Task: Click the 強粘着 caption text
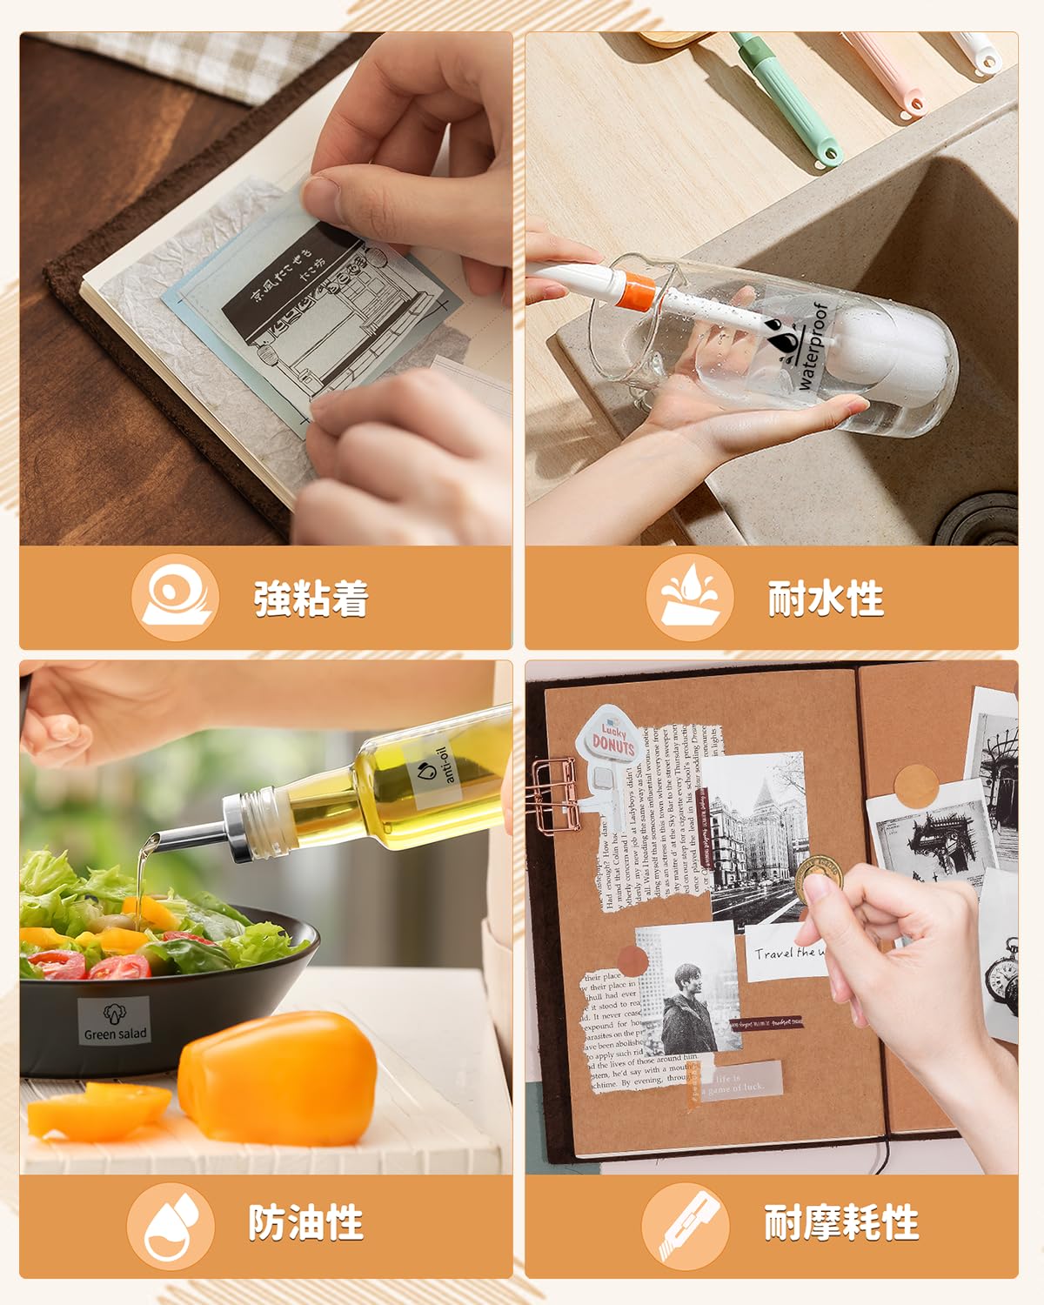pyautogui.click(x=311, y=599)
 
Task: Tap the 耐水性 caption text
pyautogui.click(x=825, y=599)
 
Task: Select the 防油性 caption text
pyautogui.click(x=305, y=1222)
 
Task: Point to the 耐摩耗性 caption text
pyautogui.click(x=840, y=1222)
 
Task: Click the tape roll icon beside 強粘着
pyautogui.click(x=175, y=598)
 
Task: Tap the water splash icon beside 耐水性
pyautogui.click(x=690, y=598)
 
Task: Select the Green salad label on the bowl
pyautogui.click(x=114, y=1021)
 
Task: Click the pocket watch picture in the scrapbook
pyautogui.click(x=1001, y=974)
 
